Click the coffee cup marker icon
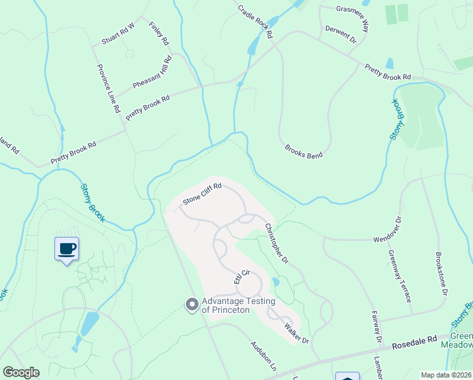coord(66,248)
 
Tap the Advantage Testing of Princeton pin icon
coord(192,305)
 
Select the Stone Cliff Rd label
coord(202,194)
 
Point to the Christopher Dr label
coord(276,243)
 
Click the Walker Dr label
coord(296,333)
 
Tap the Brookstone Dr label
coord(441,275)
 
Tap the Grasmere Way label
coord(352,19)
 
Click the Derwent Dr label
coord(341,34)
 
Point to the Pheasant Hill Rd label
coord(152,73)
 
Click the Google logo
coord(20,372)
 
